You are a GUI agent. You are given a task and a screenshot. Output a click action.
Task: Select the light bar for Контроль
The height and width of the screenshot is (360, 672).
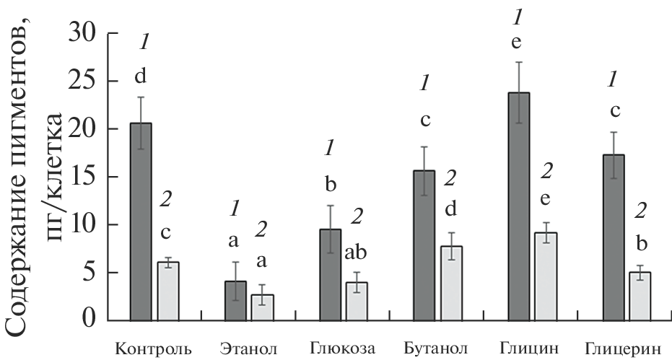tap(168, 291)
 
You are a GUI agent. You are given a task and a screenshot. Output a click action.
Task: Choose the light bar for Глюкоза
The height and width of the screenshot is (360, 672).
tap(357, 302)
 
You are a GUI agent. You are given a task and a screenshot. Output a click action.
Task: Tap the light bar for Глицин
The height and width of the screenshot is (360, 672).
tap(546, 277)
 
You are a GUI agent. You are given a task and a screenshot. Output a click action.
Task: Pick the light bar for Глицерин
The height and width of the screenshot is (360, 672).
tap(640, 297)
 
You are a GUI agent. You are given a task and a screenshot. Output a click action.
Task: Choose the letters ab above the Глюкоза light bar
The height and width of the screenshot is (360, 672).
tap(357, 254)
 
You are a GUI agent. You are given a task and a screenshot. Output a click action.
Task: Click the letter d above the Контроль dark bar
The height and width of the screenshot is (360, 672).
tap(142, 75)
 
